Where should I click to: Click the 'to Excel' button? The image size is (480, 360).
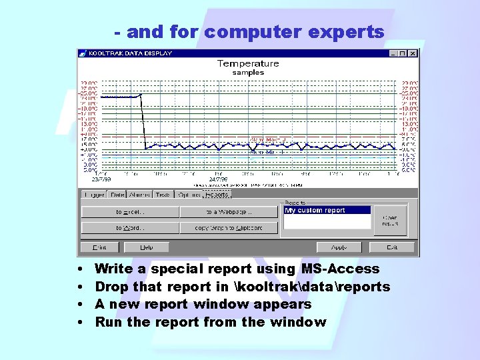tap(130, 212)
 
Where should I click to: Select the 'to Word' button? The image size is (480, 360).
tap(130, 228)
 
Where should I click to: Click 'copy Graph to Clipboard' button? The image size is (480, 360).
tap(229, 228)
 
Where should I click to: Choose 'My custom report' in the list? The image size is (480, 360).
tap(327, 210)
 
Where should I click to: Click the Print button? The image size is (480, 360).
tap(99, 247)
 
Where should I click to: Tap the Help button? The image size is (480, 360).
tap(146, 247)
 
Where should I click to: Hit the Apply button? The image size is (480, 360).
tap(339, 247)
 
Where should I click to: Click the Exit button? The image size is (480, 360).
tap(392, 247)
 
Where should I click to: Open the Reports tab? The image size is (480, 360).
tap(217, 195)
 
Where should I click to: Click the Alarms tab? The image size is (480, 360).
tap(140, 195)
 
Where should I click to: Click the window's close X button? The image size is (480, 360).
tap(413, 53)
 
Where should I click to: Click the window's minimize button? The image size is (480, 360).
tap(393, 53)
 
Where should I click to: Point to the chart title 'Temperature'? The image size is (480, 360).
tap(248, 64)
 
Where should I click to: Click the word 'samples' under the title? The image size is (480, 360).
tap(248, 73)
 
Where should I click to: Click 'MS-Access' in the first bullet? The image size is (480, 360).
tap(340, 269)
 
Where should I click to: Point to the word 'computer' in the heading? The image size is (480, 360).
tap(249, 31)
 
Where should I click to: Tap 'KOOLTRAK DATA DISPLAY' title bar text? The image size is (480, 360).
tap(131, 53)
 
